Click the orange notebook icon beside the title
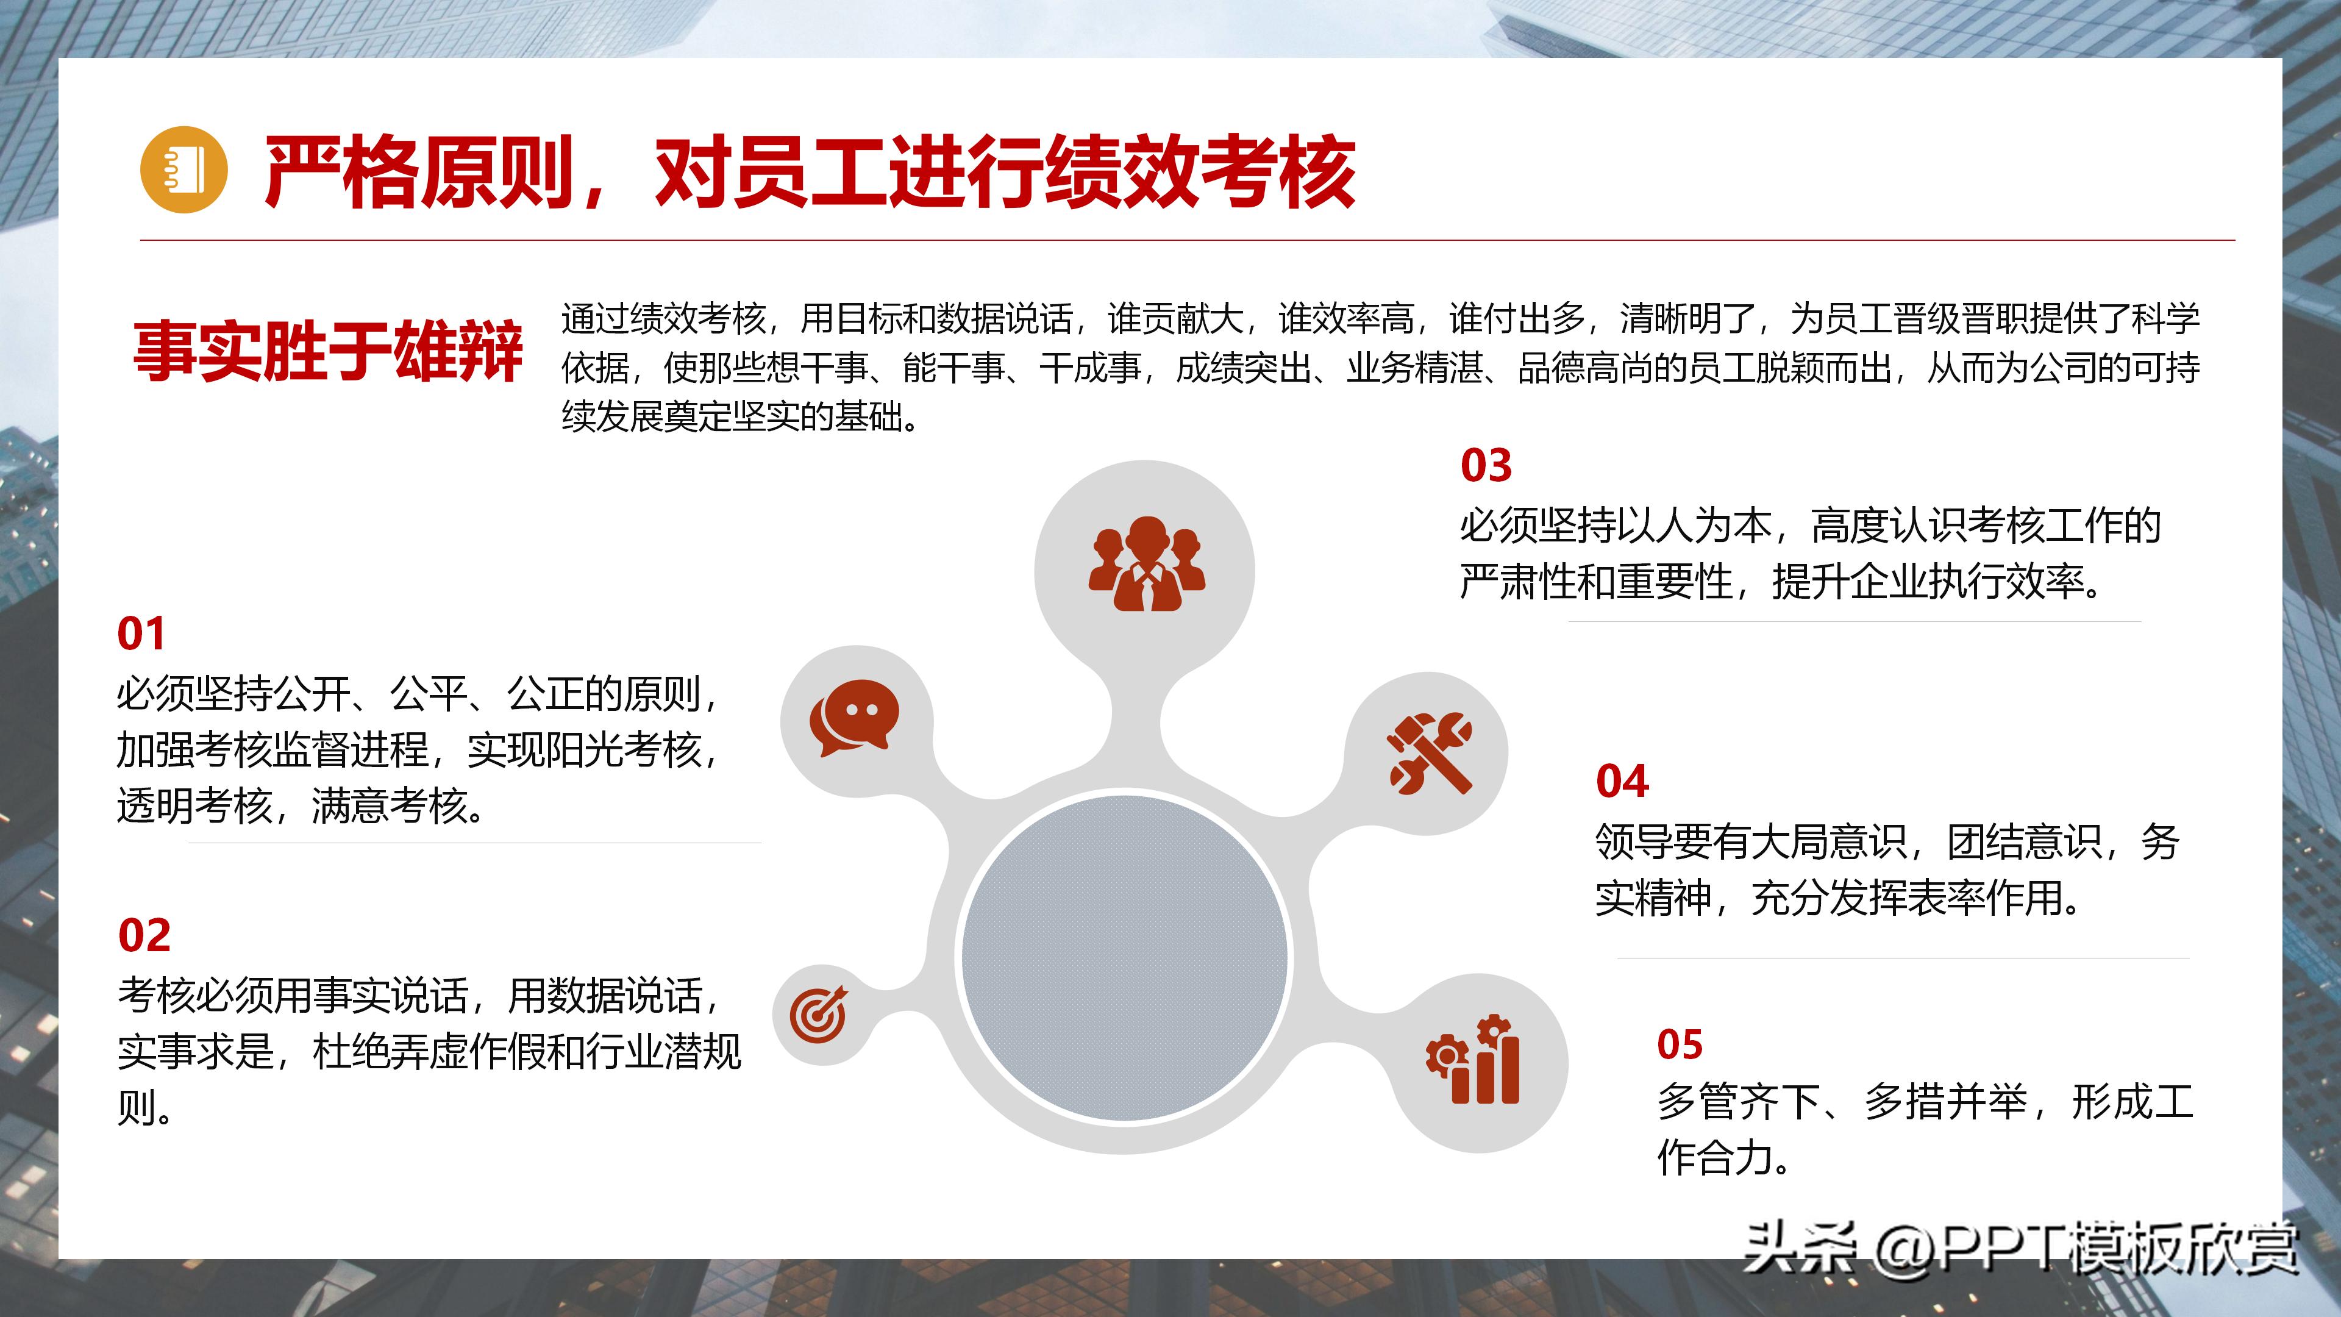184,170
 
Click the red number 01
141,634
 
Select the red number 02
144,935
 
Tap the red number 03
1486,465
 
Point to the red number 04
1622,782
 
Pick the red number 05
1680,1044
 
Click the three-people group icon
1146,565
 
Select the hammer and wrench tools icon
1428,752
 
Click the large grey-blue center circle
1124,957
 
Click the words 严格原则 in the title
418,173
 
